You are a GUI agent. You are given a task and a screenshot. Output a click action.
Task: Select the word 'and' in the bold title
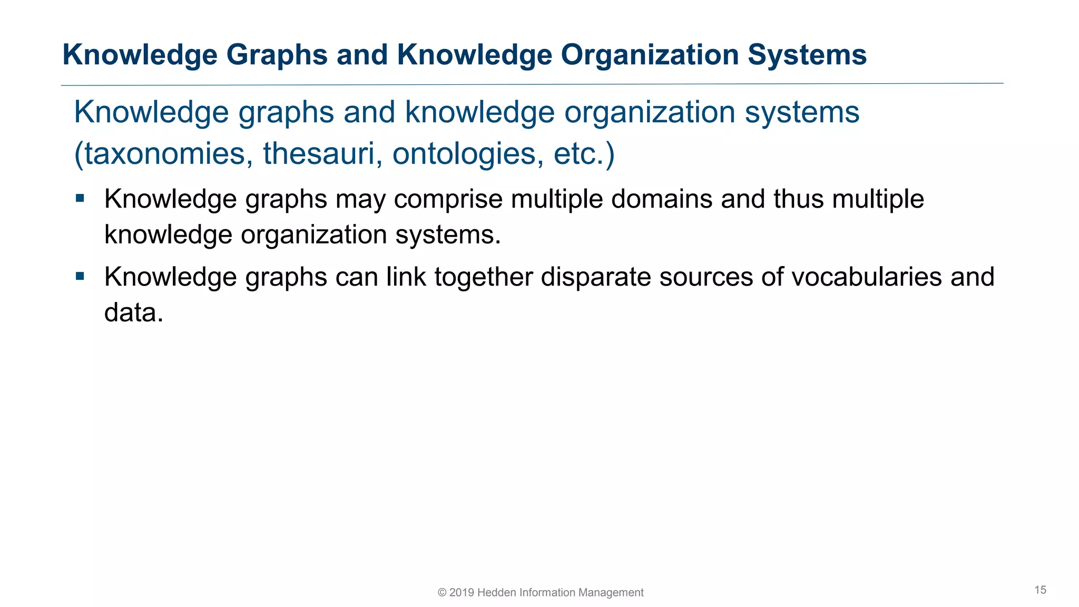click(362, 55)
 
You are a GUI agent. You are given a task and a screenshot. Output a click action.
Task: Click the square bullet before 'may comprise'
click(80, 199)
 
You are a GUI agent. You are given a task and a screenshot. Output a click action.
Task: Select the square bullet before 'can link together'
click(80, 276)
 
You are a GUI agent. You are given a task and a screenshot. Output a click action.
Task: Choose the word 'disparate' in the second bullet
click(596, 277)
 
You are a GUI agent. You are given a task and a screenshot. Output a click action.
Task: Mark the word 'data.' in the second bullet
click(134, 312)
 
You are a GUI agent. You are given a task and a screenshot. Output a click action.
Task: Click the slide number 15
click(1040, 590)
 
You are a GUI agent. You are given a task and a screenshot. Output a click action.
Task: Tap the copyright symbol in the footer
click(442, 593)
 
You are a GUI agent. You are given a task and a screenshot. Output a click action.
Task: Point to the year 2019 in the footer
click(462, 593)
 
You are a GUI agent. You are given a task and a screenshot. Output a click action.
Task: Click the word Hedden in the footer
click(497, 593)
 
